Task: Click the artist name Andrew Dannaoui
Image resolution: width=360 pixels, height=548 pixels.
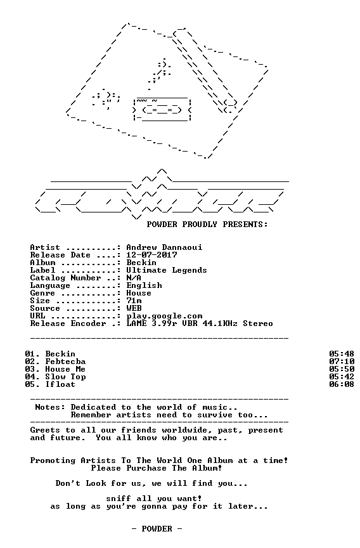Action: (x=164, y=247)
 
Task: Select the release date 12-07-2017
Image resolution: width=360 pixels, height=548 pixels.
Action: (x=151, y=255)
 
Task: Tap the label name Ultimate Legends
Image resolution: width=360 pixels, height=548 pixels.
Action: (x=167, y=270)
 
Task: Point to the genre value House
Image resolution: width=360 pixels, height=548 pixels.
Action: (x=139, y=293)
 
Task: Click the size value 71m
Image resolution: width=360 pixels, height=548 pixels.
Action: (x=134, y=301)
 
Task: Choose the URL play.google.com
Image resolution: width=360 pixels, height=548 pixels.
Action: (x=164, y=316)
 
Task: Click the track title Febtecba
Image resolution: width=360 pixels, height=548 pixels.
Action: (x=65, y=362)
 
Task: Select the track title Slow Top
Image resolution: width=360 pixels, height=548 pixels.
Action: (x=65, y=377)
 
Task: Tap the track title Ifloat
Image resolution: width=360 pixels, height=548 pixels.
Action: (x=60, y=384)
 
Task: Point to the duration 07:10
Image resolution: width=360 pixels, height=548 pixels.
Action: (x=342, y=362)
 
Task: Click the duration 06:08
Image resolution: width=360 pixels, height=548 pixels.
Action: (x=342, y=384)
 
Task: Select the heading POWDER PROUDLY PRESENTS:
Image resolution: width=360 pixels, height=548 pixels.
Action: (x=207, y=225)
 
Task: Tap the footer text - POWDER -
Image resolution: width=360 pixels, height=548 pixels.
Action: (x=157, y=529)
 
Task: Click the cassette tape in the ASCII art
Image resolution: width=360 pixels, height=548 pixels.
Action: (x=162, y=110)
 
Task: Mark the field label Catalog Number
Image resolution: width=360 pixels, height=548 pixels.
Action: (x=65, y=278)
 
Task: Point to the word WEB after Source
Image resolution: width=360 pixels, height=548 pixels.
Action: (x=134, y=308)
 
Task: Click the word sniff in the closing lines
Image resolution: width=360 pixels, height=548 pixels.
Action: (x=119, y=499)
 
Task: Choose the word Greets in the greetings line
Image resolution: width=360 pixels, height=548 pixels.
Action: (x=45, y=430)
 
